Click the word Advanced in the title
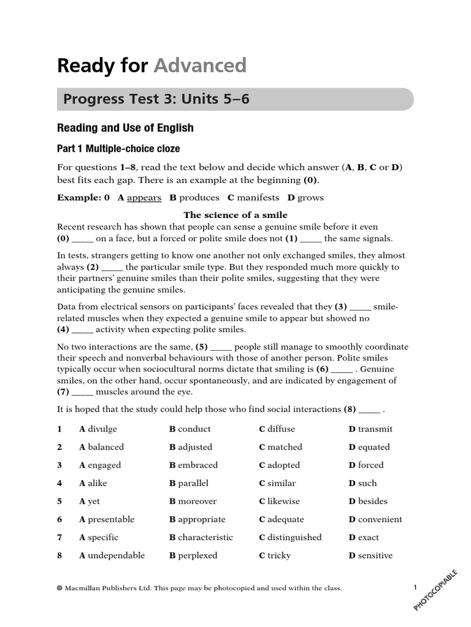pyautogui.click(x=199, y=66)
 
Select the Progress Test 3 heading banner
pyautogui.click(x=235, y=99)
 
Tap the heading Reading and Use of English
pyautogui.click(x=125, y=128)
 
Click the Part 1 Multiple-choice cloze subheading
pyautogui.click(x=118, y=149)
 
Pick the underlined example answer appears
pyautogui.click(x=144, y=198)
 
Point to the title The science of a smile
pyautogui.click(x=235, y=215)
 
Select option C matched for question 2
pyautogui.click(x=280, y=447)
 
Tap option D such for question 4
pyautogui.click(x=362, y=483)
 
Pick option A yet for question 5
pyautogui.click(x=90, y=501)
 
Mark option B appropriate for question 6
pyautogui.click(x=197, y=519)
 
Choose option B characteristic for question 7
pyautogui.click(x=201, y=538)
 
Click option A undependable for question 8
pyautogui.click(x=112, y=555)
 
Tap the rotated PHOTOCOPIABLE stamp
pyautogui.click(x=435, y=588)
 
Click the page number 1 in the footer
pyautogui.click(x=415, y=588)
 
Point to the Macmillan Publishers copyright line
pyautogui.click(x=199, y=588)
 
